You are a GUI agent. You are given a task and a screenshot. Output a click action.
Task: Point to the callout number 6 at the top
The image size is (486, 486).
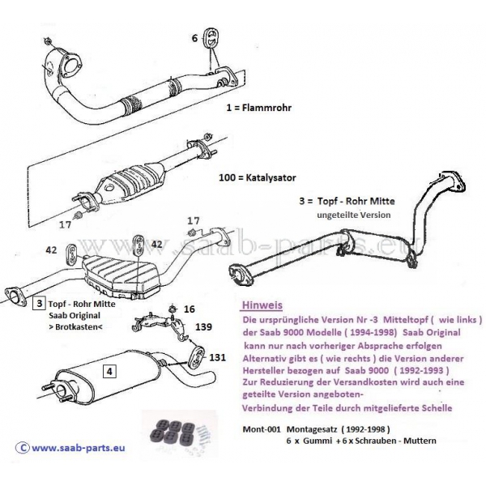tap(194, 37)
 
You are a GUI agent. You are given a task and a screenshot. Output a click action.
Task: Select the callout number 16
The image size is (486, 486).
tap(190, 308)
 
